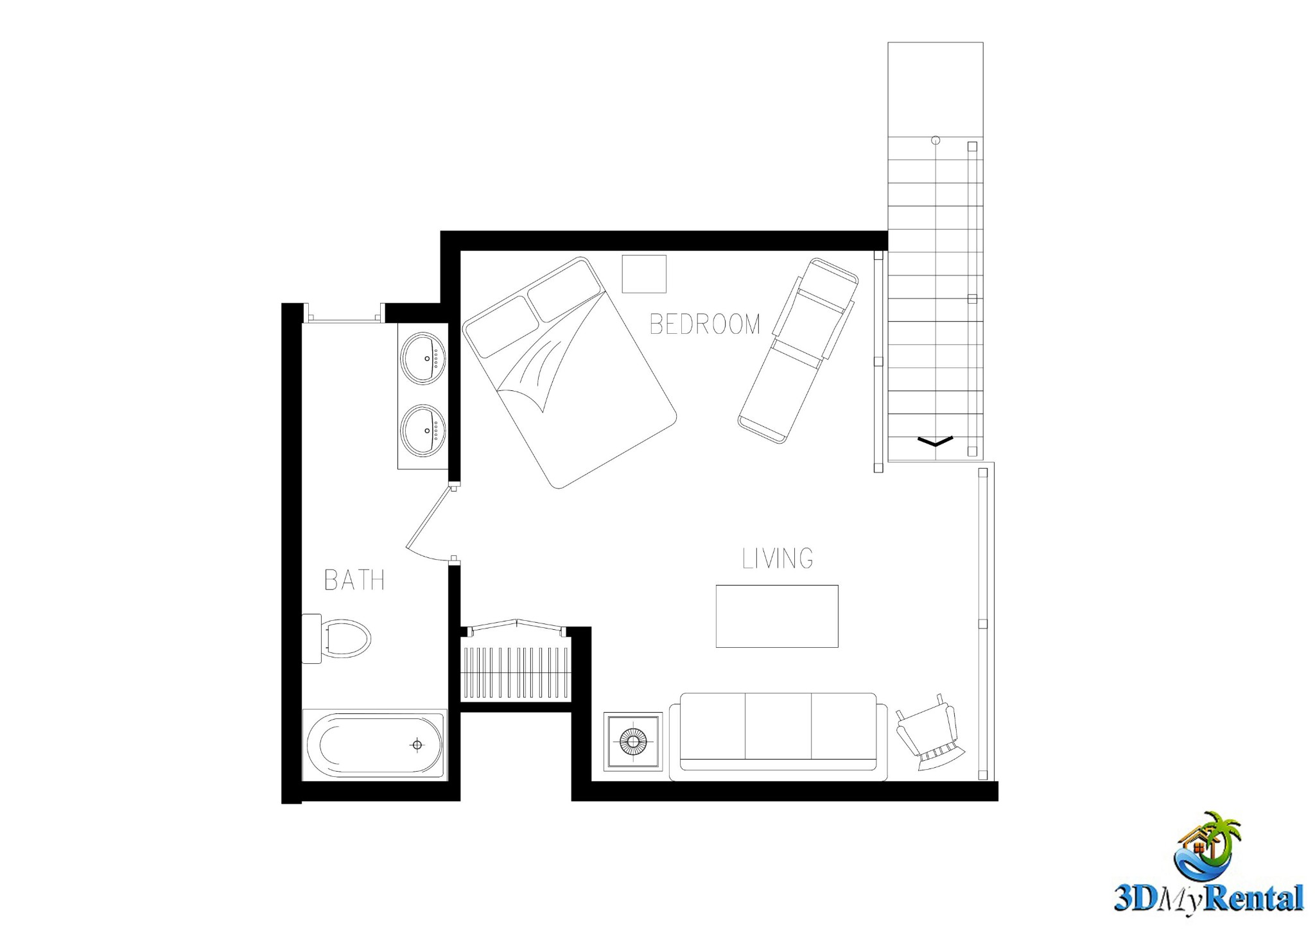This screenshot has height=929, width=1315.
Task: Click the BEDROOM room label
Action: coord(705,324)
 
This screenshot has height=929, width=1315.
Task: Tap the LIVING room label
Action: coord(778,559)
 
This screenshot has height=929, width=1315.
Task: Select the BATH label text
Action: coord(354,580)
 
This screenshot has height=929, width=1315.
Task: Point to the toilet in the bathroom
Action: coord(336,639)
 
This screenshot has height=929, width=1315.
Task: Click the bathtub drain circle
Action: coord(417,745)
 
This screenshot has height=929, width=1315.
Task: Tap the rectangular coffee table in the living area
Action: coord(777,616)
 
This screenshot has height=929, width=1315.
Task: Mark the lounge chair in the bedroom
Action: coord(798,351)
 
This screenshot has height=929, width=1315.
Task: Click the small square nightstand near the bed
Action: coord(644,274)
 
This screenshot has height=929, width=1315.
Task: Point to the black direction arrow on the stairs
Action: coord(936,441)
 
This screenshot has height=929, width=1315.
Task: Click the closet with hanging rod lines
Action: coord(516,670)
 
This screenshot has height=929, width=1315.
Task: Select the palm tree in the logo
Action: coord(1218,837)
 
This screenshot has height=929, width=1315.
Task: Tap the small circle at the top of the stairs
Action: coord(936,140)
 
